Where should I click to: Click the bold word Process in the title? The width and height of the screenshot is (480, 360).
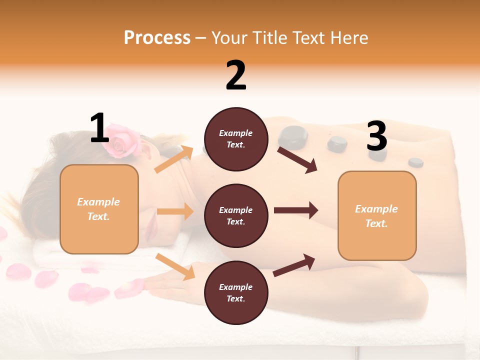click(x=157, y=38)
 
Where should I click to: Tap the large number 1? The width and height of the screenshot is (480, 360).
click(x=99, y=128)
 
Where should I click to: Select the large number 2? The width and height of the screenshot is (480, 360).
click(x=236, y=75)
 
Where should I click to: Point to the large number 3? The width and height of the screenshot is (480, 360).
click(x=376, y=136)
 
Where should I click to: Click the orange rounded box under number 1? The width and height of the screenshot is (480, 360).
click(x=99, y=209)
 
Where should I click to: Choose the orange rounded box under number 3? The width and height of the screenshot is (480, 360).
click(x=377, y=216)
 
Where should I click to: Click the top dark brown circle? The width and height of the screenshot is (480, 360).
click(x=236, y=139)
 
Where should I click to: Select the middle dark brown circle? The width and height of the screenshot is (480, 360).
click(x=236, y=216)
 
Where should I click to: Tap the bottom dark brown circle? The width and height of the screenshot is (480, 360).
click(x=236, y=292)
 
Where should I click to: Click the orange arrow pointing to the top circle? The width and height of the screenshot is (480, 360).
click(x=174, y=159)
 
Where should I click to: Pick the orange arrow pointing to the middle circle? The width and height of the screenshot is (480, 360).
click(x=175, y=211)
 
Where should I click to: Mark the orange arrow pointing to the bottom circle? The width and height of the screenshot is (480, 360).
click(x=175, y=266)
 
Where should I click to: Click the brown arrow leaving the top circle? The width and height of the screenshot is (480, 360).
click(x=297, y=159)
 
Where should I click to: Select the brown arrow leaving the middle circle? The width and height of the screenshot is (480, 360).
click(x=295, y=210)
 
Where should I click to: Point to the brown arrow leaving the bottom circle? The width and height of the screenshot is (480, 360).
click(x=294, y=265)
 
